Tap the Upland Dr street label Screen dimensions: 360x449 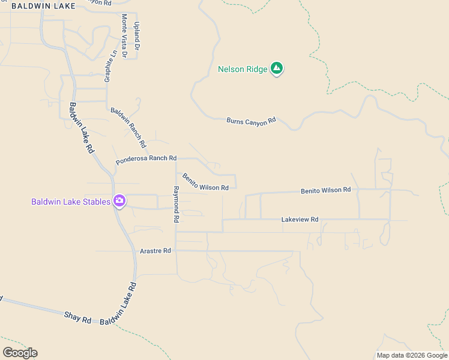pos(137,36)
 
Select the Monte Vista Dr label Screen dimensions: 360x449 pos(124,36)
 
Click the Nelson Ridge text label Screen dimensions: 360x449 pos(243,69)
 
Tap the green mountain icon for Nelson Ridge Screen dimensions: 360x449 pos(277,69)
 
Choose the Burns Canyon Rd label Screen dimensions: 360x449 pos(251,121)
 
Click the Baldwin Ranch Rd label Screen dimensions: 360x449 pos(128,128)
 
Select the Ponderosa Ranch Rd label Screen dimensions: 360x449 pos(146,159)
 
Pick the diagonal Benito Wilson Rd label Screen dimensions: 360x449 pos(205,182)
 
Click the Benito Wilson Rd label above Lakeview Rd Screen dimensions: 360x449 pos(325,190)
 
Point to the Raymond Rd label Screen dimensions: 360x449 pos(176,205)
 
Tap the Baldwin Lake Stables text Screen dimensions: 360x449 pos(71,202)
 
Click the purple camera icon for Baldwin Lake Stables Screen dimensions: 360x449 pos(119,201)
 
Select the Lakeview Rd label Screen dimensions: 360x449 pos(300,220)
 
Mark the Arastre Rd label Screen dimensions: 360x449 pos(155,250)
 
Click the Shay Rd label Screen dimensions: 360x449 pos(77,317)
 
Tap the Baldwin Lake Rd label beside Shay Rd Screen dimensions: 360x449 pos(118,304)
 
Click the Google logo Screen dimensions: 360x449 pos(20,353)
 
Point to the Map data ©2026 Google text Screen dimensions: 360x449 pos(412,355)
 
